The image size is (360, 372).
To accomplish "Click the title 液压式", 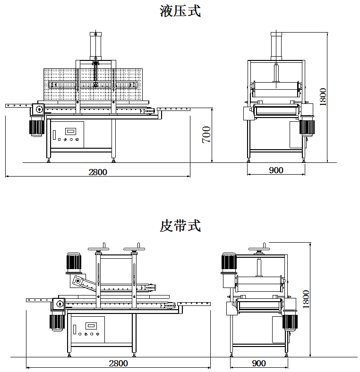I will (x=180, y=10).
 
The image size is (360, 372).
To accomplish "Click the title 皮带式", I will (x=180, y=226).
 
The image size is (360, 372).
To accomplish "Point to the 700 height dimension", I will (x=206, y=135).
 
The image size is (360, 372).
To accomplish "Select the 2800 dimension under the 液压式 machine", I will (x=98, y=172).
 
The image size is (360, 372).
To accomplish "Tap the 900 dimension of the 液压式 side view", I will (x=276, y=170).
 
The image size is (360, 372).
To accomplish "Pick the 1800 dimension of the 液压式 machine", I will (x=323, y=97).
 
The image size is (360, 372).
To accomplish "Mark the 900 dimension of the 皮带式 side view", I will (x=259, y=363).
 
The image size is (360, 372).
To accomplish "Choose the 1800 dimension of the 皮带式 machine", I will (x=306, y=299).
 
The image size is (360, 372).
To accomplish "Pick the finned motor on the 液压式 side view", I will (x=307, y=127).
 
